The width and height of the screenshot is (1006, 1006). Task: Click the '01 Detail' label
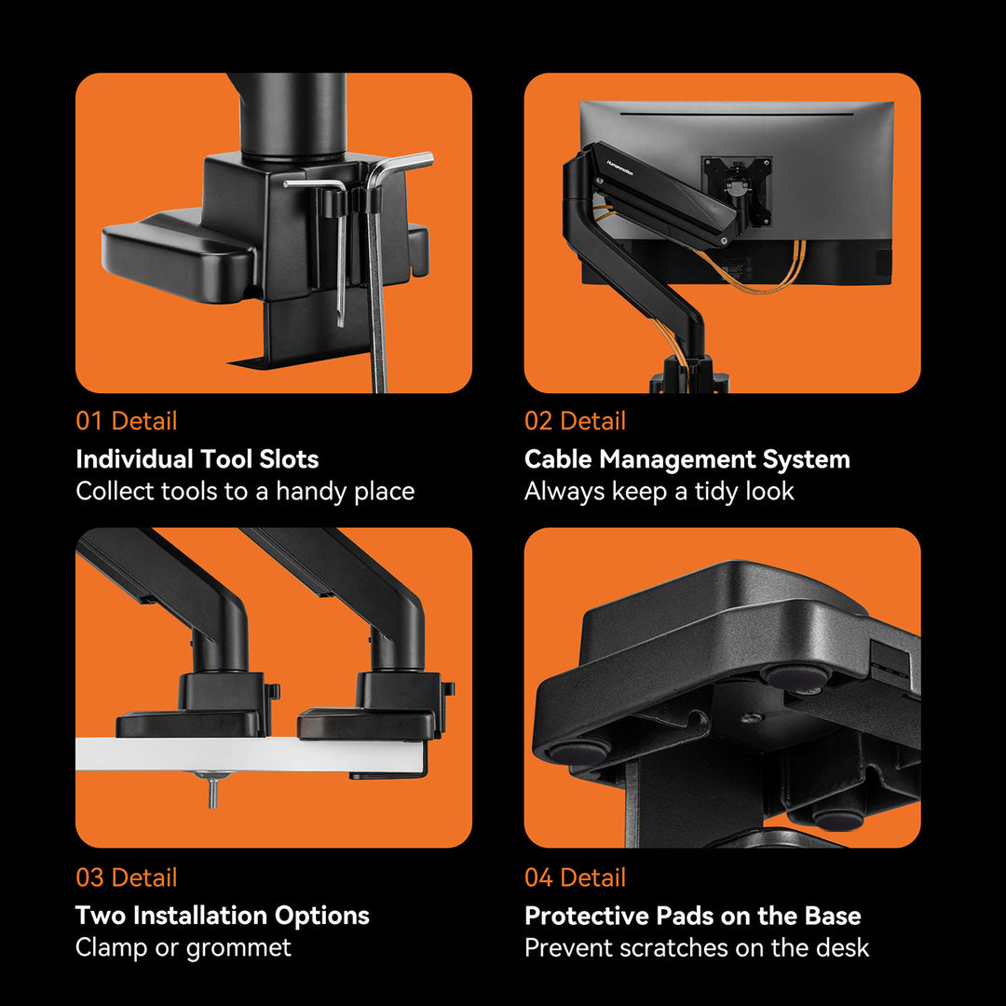point(127,421)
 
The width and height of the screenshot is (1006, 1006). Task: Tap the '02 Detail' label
point(575,421)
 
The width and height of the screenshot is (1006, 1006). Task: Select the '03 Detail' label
point(127,877)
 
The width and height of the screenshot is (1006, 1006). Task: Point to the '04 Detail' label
point(575,877)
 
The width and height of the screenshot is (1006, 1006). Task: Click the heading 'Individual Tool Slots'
point(197,458)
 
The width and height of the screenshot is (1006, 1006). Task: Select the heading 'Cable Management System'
point(687,459)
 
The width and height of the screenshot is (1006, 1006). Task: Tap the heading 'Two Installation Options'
point(222,916)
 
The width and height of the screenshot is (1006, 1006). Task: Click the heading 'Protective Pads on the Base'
point(693,916)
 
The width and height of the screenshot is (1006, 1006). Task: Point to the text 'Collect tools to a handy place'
point(245,492)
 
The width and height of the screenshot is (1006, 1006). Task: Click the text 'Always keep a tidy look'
point(659,492)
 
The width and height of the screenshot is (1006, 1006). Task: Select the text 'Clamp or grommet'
point(183,947)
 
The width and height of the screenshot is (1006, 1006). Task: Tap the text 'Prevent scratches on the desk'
point(697,947)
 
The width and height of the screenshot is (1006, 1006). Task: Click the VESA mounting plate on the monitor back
point(737,188)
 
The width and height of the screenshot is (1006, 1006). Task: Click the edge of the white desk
point(251,754)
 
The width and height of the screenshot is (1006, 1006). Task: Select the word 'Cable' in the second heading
point(558,458)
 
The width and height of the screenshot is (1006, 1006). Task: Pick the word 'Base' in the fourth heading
point(833,916)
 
